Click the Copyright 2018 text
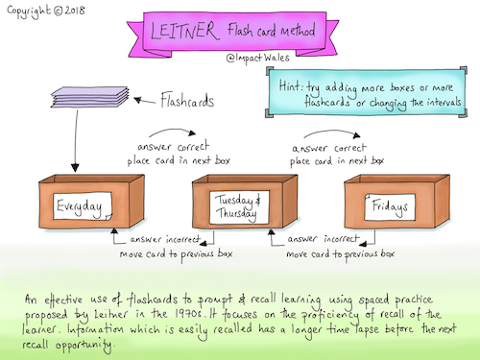point(44,13)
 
